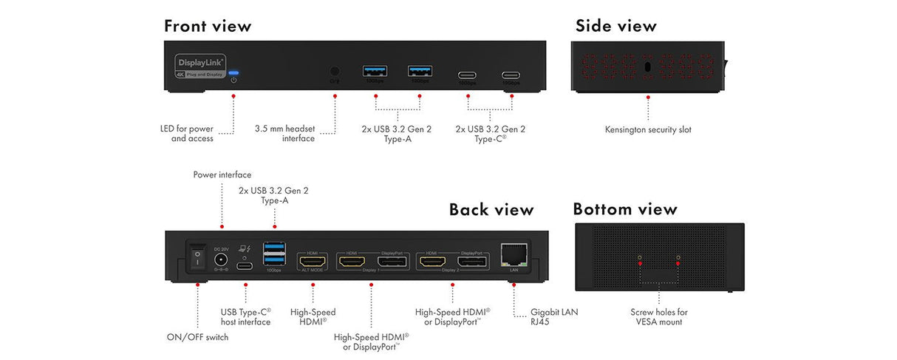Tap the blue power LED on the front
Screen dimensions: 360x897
[233, 73]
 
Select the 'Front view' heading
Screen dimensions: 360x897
[208, 27]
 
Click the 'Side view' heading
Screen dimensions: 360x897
[615, 27]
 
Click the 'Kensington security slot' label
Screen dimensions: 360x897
[648, 129]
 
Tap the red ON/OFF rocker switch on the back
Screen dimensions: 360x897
[197, 258]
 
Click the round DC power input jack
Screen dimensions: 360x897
[219, 259]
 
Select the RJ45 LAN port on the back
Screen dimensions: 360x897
[513, 255]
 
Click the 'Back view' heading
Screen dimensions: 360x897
[491, 210]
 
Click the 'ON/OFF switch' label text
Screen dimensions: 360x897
[197, 337]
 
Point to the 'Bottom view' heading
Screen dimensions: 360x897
[624, 210]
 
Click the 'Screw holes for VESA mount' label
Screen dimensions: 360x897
[658, 317]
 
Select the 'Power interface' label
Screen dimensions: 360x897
[222, 175]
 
